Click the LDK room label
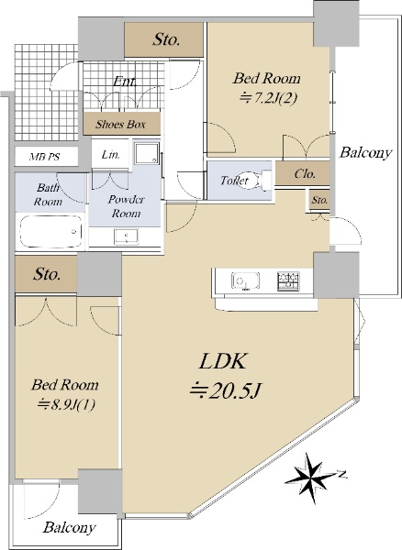pos(222,361)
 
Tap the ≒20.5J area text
pos(225,390)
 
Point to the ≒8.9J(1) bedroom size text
pos(66,405)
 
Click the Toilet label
pos(234,181)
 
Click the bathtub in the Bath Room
pos(50,232)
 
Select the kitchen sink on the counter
pos(245,281)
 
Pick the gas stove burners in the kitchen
pos(288,281)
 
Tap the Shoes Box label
pos(120,124)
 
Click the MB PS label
pos(44,157)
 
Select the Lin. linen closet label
pos(110,154)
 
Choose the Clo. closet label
pos(305,173)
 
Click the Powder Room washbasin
pos(126,236)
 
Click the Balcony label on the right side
pos(365,152)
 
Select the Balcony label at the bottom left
pos(69,527)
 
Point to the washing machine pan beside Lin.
pos(147,153)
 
